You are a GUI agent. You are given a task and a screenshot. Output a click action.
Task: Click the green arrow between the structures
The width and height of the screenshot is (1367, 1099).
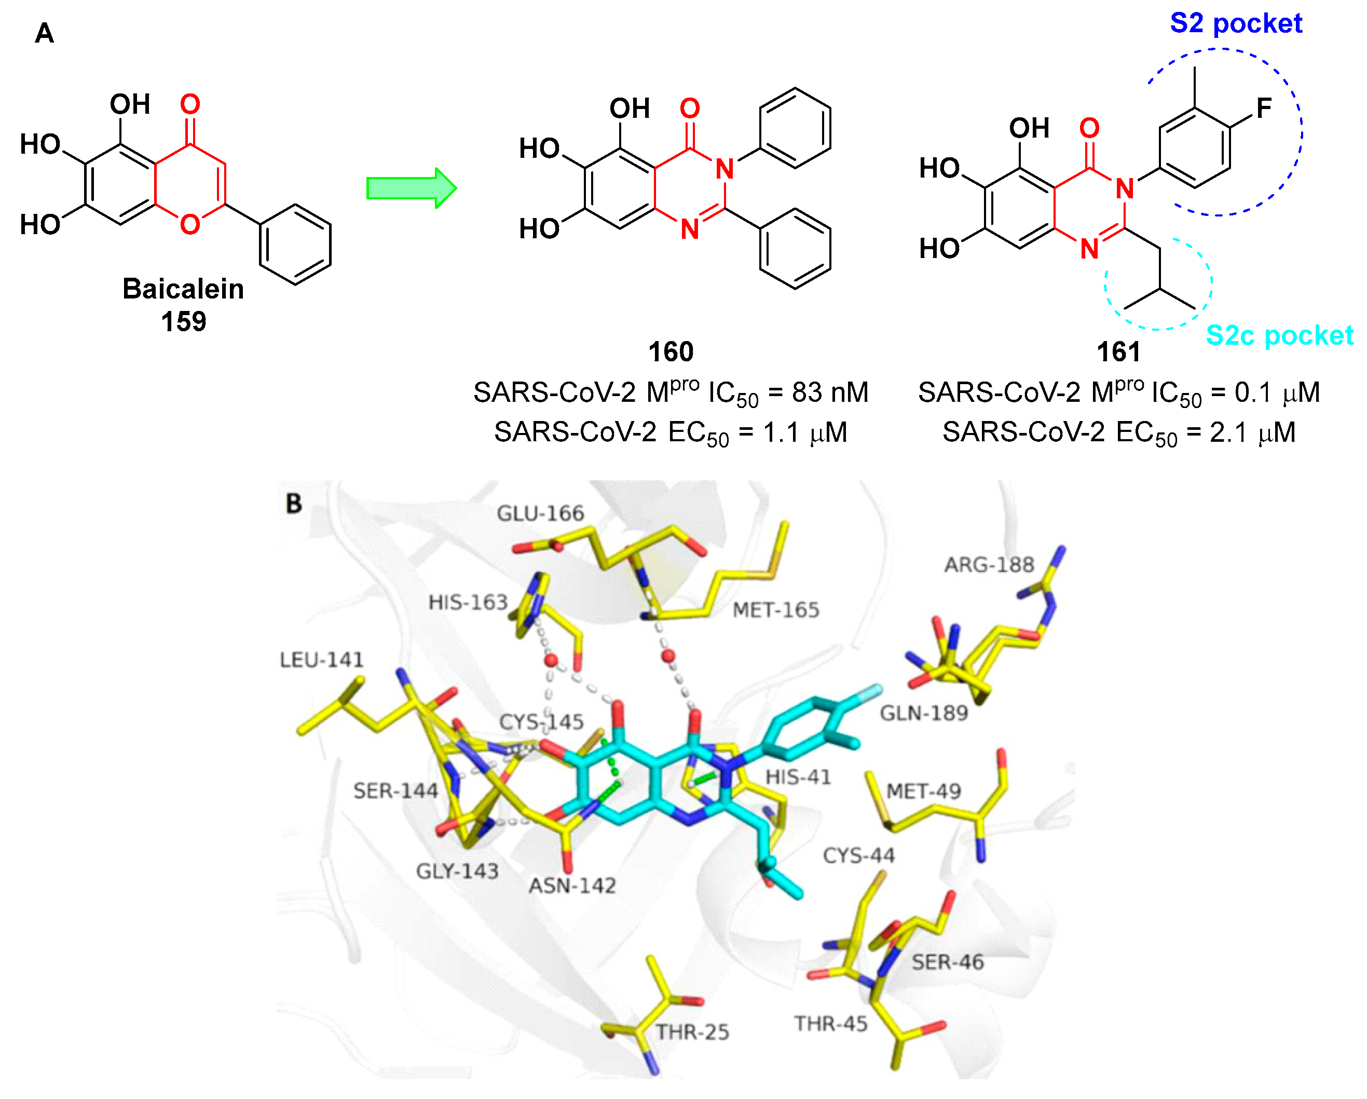coord(411,188)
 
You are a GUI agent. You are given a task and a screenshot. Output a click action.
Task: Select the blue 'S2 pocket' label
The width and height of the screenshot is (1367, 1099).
coord(1235,24)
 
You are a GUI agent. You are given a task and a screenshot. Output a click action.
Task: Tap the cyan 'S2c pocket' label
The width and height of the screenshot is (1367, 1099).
coord(1279,335)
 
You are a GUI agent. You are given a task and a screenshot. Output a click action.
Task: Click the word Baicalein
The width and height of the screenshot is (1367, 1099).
coord(183,289)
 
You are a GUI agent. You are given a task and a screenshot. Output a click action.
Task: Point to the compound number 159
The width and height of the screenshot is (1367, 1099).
coord(183,321)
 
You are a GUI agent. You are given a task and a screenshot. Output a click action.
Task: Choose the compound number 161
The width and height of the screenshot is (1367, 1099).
coord(1118,351)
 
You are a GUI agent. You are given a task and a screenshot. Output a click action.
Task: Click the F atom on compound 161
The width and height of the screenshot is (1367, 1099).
coord(1264,108)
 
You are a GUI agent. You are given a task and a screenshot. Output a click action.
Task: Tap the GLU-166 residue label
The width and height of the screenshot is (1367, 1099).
coord(540,513)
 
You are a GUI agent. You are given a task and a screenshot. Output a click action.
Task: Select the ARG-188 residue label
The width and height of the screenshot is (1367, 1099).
coord(989,564)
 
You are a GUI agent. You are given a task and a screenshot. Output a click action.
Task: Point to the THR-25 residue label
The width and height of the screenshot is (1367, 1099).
coord(692,1033)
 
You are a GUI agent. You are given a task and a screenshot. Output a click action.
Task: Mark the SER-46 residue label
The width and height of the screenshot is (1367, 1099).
coord(947,962)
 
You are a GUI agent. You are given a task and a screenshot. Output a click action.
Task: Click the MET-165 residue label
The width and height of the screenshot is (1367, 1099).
coord(775,610)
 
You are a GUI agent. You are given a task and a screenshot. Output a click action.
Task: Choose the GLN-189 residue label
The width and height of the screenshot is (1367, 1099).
coord(924,713)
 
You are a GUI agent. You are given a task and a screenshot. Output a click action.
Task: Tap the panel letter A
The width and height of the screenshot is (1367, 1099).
coord(45,33)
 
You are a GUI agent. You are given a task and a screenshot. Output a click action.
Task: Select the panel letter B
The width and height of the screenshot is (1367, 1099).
coord(294,504)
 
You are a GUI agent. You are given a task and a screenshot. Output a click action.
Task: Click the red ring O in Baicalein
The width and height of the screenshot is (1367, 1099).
coord(189,224)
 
